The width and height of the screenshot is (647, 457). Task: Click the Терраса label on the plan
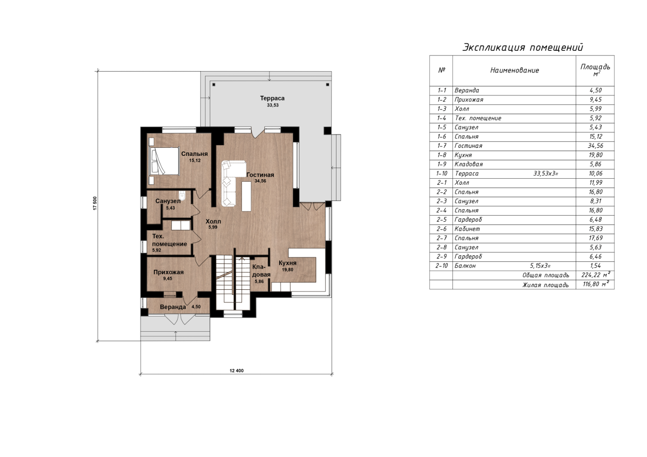[272, 98]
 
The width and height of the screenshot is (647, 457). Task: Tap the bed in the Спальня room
[164, 161]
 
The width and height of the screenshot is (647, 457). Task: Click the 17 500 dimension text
[95, 203]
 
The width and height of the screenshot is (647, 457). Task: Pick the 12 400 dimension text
[236, 371]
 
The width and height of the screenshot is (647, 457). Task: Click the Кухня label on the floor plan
[287, 263]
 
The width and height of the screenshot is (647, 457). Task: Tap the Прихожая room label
[168, 272]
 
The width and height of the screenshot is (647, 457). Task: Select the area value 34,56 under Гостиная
[260, 181]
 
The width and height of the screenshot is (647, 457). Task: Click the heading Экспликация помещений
[523, 47]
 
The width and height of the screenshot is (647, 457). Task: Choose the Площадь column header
[595, 69]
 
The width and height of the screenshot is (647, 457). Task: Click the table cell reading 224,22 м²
[596, 275]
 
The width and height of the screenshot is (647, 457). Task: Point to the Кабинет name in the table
[467, 229]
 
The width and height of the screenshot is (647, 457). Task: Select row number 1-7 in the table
[442, 146]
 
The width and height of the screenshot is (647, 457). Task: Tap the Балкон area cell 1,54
[596, 266]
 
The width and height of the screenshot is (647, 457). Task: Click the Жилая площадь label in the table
[546, 285]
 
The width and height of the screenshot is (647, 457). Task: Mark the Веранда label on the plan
[173, 307]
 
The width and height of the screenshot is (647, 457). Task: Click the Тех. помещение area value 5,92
[156, 250]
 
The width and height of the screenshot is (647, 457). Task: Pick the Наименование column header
[514, 70]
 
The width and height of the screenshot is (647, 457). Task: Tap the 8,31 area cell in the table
[596, 201]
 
